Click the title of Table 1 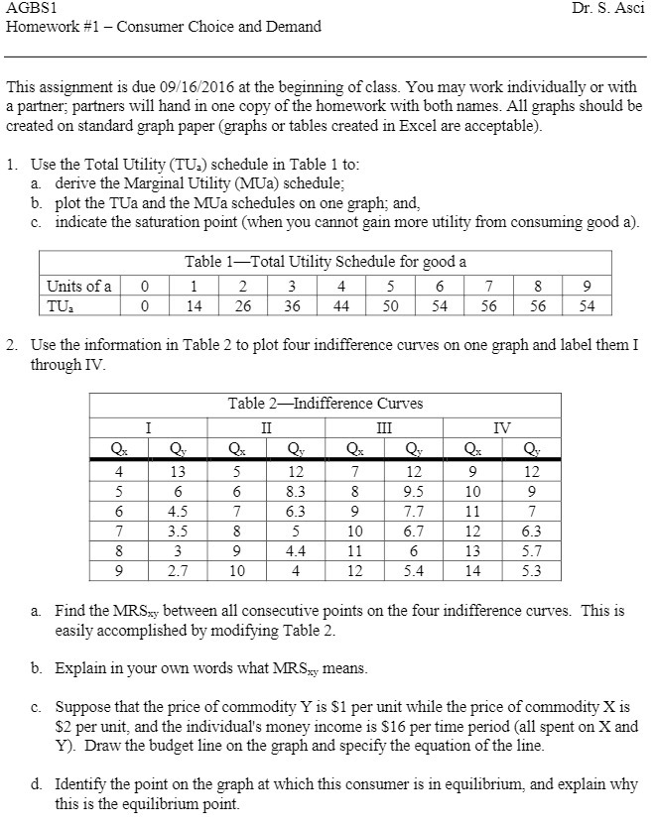point(326,261)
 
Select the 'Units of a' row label point(79,287)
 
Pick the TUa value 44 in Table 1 point(341,306)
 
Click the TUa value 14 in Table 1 point(195,306)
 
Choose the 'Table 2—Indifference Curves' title point(326,403)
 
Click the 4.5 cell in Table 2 point(180,512)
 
